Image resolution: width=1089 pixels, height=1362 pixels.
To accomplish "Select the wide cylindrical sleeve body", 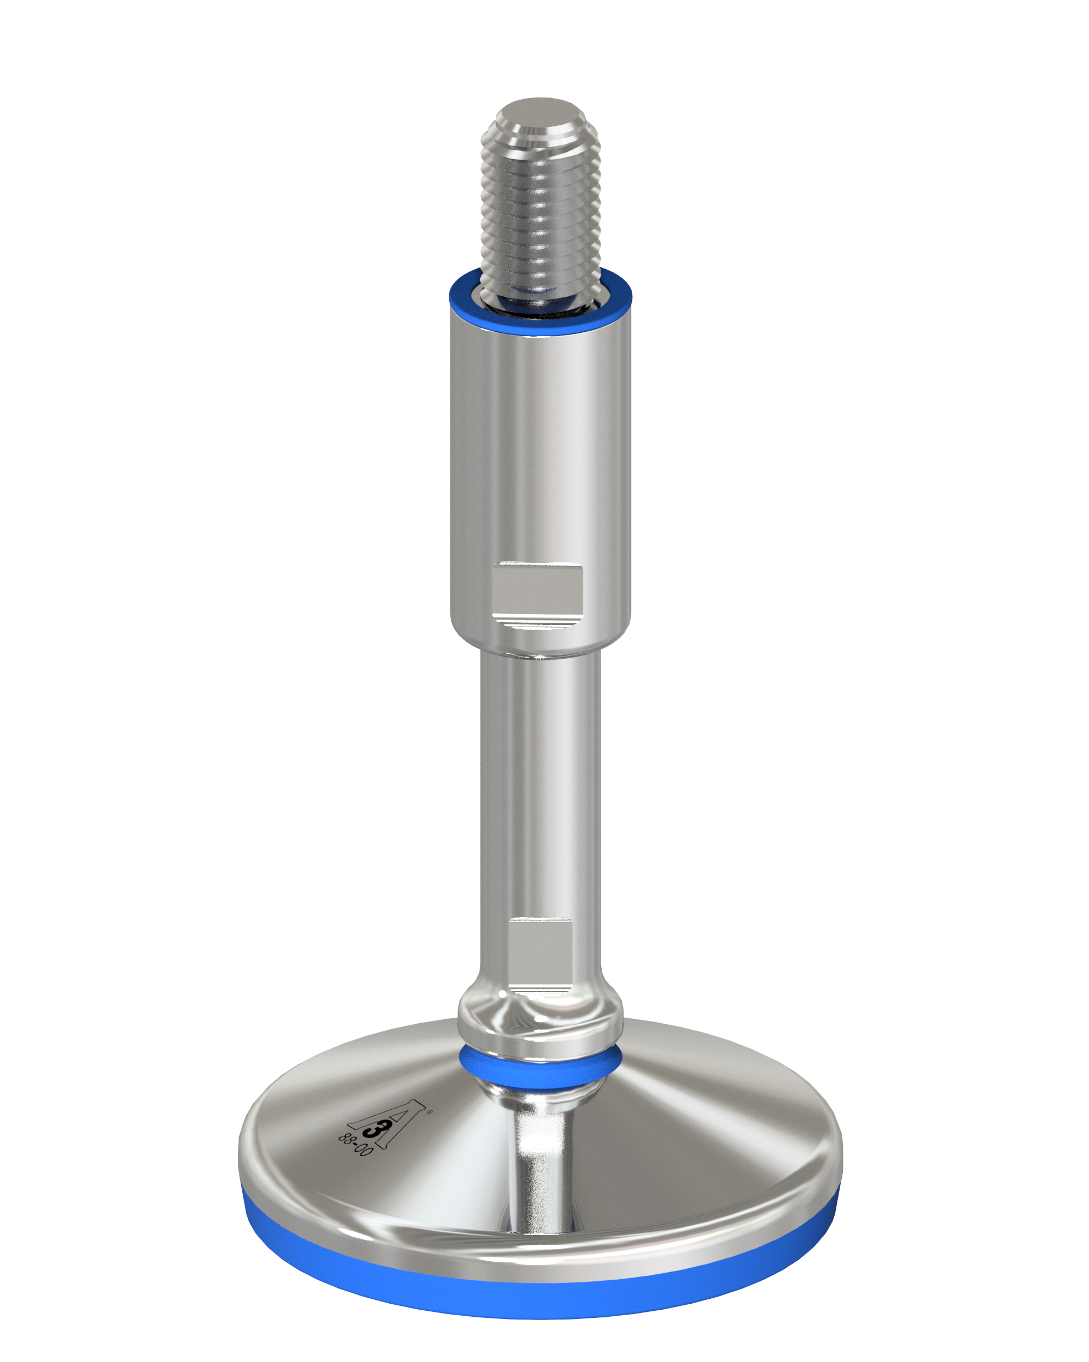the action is point(540,480).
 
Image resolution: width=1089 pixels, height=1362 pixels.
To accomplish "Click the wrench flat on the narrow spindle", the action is point(540,954).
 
